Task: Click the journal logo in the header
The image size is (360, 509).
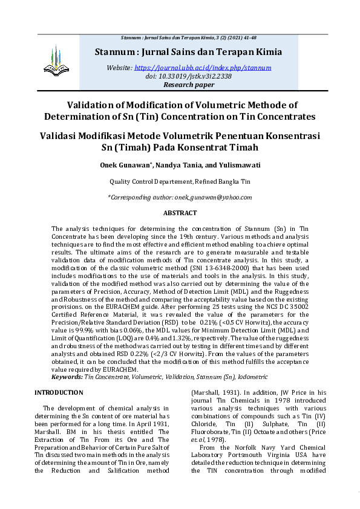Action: coord(53,59)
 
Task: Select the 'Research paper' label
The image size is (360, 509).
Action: coord(189,85)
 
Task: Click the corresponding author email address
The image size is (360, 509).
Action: coord(213,197)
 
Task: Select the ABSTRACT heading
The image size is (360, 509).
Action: coord(180,213)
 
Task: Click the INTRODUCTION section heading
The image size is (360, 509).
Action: coord(59,392)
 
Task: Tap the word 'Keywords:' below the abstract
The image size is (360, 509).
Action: coord(67,377)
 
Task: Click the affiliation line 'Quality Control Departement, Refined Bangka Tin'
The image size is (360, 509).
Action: coord(180,181)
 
